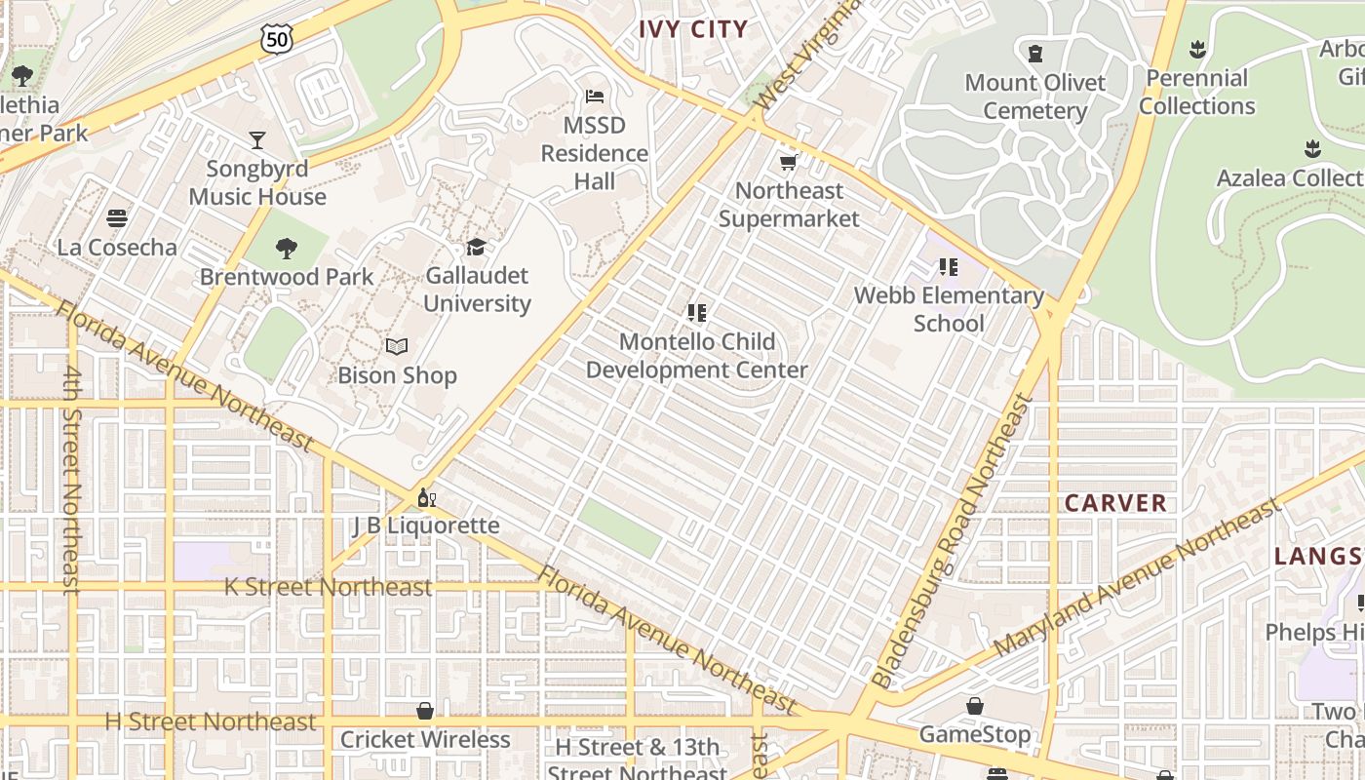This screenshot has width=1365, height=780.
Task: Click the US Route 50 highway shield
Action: (x=276, y=39)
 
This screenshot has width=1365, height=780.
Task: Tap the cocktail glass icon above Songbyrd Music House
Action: (x=257, y=140)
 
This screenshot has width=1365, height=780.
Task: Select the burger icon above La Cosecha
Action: (x=117, y=218)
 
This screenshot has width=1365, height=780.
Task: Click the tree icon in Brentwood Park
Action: (x=287, y=249)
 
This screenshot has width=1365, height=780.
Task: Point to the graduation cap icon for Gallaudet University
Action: (x=476, y=248)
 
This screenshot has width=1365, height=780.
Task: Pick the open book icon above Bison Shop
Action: (x=397, y=347)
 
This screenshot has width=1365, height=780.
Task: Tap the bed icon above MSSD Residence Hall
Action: (x=595, y=97)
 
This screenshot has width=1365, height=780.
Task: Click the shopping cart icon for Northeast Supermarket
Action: (x=789, y=162)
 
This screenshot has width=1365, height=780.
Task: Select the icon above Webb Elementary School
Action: (x=948, y=267)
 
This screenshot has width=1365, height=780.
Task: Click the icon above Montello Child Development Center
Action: (x=696, y=314)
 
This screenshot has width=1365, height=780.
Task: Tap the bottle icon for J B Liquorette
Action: (x=426, y=498)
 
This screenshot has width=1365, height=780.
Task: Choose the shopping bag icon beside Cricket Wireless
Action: (x=425, y=712)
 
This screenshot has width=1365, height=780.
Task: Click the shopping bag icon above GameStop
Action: (x=975, y=706)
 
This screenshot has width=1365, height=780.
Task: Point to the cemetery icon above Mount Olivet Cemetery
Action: (x=1035, y=54)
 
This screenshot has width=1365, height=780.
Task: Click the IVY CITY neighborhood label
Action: (x=693, y=29)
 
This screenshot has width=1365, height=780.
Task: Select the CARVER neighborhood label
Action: (x=1115, y=503)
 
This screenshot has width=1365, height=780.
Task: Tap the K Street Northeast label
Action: (x=328, y=587)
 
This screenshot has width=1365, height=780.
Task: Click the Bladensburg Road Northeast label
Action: (x=953, y=541)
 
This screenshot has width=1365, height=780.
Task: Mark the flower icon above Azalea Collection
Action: (x=1312, y=149)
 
